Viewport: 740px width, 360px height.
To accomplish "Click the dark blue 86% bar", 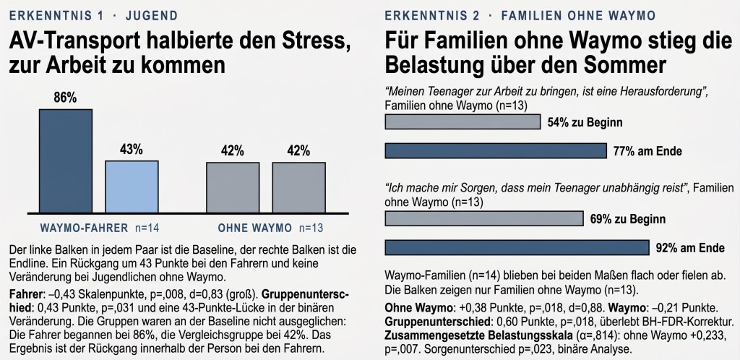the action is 66,161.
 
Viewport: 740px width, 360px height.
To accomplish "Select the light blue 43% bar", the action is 132,187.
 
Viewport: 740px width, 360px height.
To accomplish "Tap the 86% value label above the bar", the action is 65,98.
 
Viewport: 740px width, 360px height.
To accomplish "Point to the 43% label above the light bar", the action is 132,150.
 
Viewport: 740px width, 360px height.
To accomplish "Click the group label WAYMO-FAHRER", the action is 84,228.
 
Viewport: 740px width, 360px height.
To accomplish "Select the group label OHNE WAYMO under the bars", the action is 255,228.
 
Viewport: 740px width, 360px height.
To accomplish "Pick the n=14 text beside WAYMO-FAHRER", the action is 147,228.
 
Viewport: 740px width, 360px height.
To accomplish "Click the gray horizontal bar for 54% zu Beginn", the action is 462,122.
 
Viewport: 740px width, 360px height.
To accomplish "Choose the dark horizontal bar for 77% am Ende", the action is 496,151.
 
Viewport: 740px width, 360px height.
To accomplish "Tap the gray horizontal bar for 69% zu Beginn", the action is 484,219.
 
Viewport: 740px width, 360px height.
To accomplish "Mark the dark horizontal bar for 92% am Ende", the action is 517,248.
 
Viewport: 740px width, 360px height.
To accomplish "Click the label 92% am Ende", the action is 690,248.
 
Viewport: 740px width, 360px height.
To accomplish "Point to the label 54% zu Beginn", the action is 585,123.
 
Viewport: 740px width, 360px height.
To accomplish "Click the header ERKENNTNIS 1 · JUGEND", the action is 93,16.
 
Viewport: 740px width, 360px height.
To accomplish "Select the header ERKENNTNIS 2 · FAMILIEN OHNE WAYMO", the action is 520,16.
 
